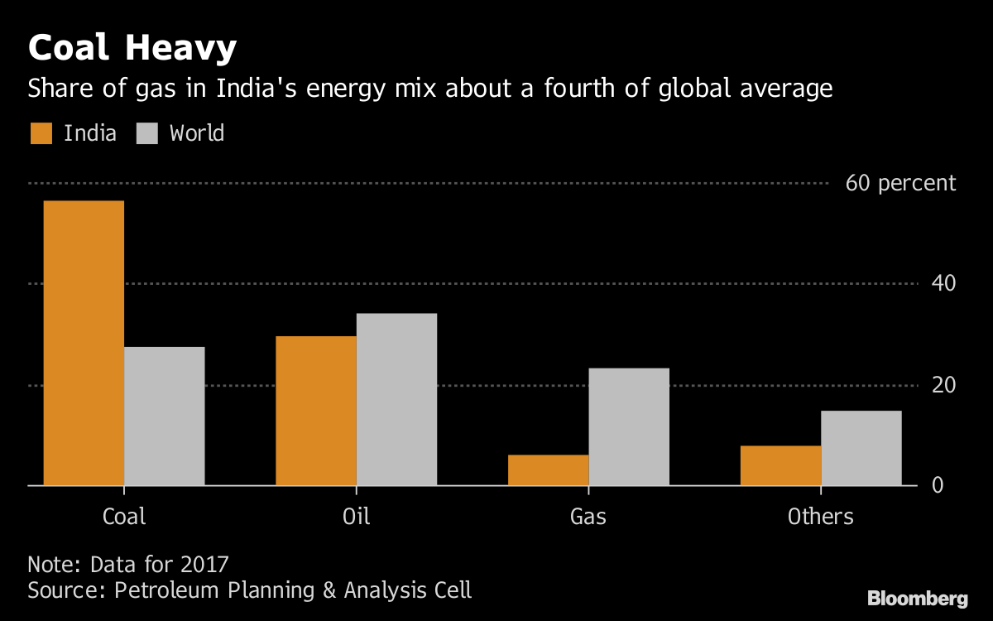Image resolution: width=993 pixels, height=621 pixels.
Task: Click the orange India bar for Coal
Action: tap(84, 343)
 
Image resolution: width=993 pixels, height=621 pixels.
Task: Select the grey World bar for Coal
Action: tap(164, 416)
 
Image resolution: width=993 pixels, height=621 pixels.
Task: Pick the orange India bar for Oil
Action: tap(315, 411)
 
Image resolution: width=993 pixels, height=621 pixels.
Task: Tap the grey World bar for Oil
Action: tap(396, 399)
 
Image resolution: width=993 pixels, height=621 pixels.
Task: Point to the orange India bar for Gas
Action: tap(548, 470)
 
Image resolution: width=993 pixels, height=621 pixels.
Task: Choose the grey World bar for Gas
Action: tap(629, 426)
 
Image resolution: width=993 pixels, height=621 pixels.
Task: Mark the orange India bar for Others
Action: tap(780, 465)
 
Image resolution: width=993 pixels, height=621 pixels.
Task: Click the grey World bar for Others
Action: tap(861, 448)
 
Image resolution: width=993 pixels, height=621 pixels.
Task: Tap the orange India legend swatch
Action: tap(41, 133)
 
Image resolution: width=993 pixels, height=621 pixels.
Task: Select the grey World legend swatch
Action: tap(147, 133)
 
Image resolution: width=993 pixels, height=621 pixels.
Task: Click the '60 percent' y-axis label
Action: tap(900, 183)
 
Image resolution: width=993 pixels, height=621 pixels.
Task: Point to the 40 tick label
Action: tap(944, 284)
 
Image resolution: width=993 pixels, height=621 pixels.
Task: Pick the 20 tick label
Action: tap(944, 385)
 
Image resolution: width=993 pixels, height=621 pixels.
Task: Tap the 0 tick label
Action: tap(938, 485)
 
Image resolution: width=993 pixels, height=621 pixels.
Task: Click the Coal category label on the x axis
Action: tap(124, 517)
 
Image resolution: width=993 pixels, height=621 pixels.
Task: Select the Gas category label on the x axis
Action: tap(588, 517)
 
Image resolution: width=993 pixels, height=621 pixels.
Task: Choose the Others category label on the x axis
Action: tap(820, 517)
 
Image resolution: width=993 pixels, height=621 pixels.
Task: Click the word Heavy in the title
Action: tap(180, 49)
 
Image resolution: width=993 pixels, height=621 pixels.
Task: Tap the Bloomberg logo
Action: tap(917, 598)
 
